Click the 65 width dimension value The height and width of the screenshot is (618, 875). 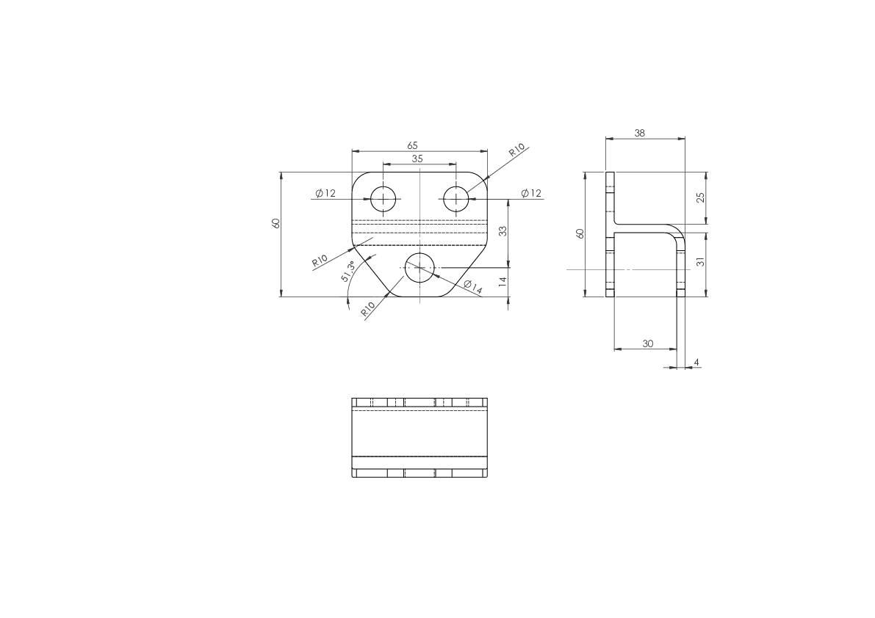point(412,145)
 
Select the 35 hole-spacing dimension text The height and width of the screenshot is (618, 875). point(417,159)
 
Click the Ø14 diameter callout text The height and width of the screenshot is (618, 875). point(472,286)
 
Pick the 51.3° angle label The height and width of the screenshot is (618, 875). point(348,271)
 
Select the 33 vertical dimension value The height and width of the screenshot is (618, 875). point(503,231)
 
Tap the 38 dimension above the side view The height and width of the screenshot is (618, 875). point(639,133)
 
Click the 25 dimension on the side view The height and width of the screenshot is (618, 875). point(701,197)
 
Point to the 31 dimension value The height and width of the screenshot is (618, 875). point(701,261)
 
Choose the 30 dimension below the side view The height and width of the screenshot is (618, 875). point(647,343)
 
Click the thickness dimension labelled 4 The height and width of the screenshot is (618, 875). point(696,363)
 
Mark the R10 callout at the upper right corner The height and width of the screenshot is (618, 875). point(516,150)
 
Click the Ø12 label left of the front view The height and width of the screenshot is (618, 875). point(325,193)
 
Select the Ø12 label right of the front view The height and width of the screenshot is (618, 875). point(531,193)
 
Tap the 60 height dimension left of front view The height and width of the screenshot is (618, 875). point(275,223)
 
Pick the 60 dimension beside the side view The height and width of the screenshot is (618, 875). point(580,234)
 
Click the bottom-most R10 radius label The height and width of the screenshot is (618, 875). point(368,309)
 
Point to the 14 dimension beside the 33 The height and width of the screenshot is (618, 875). point(503,281)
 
